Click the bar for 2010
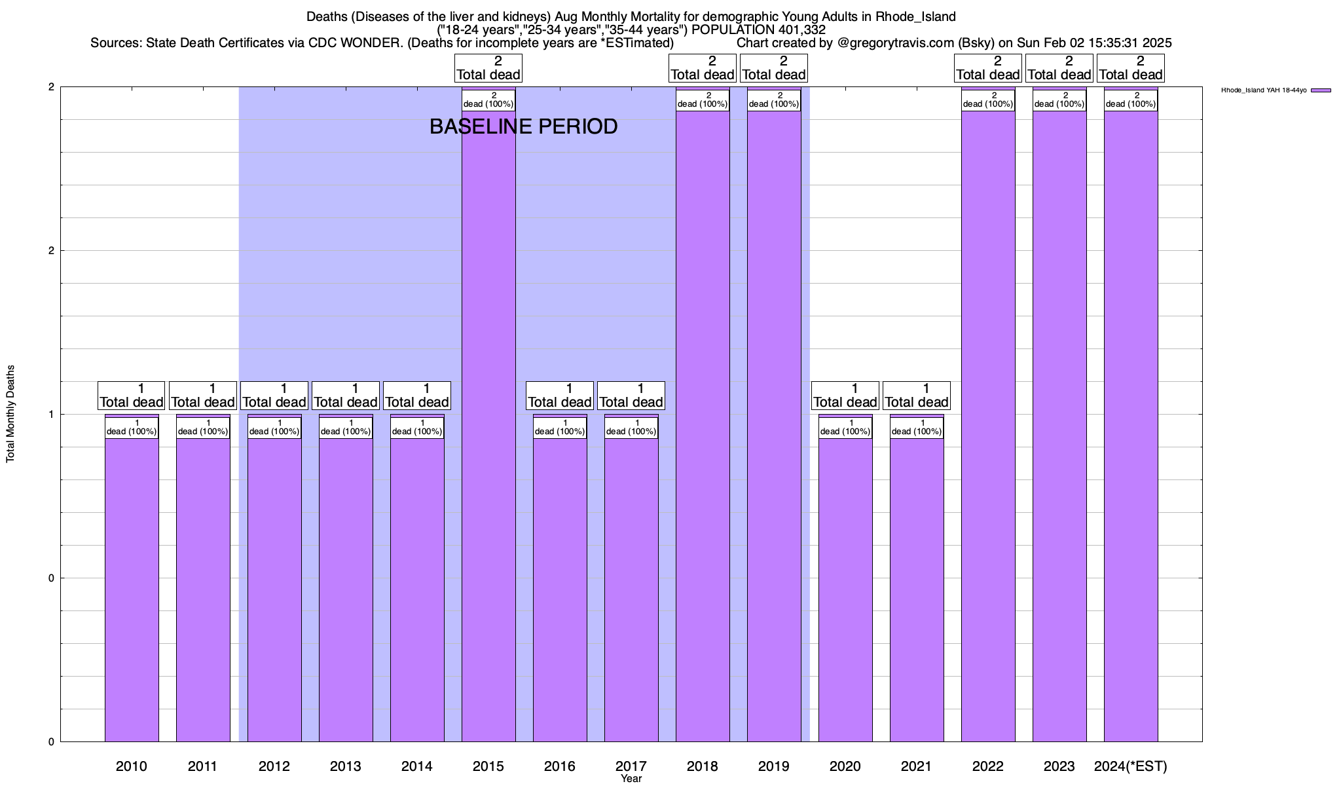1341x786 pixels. (132, 589)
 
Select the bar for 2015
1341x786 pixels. (488, 426)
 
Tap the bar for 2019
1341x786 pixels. (774, 426)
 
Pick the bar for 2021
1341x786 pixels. (917, 589)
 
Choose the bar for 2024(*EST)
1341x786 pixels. (1131, 426)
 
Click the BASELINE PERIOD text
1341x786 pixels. (523, 126)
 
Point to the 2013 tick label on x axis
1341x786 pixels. (346, 766)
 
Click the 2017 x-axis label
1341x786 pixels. (631, 766)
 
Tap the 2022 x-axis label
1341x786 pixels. (988, 766)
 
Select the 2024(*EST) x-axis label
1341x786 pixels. (1131, 766)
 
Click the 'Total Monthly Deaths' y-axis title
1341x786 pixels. (10, 414)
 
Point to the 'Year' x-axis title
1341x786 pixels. (631, 779)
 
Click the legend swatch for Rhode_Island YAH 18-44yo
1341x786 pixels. (1321, 90)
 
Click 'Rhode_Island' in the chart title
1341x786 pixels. (915, 16)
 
